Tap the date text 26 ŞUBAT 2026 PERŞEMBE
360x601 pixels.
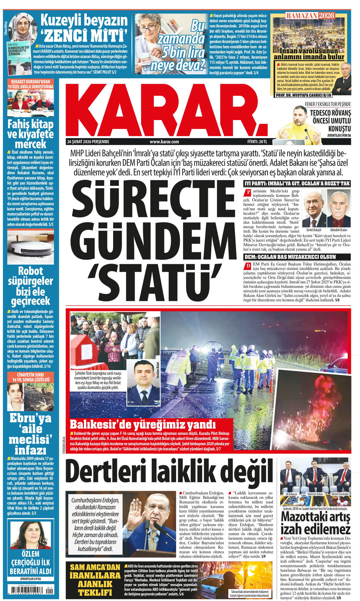coord(88,142)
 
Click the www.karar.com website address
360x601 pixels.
coord(164,142)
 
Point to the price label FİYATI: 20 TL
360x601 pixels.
coord(255,142)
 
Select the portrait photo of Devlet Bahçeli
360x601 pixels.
coord(314,208)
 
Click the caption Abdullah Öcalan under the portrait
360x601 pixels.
coord(339,230)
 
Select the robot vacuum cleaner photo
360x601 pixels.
coord(31,247)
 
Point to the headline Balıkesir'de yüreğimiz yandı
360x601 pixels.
coord(142,424)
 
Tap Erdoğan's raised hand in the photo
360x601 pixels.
coord(136,515)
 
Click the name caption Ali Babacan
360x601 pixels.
coord(291,494)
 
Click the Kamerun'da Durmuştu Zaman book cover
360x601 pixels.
coord(18,57)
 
